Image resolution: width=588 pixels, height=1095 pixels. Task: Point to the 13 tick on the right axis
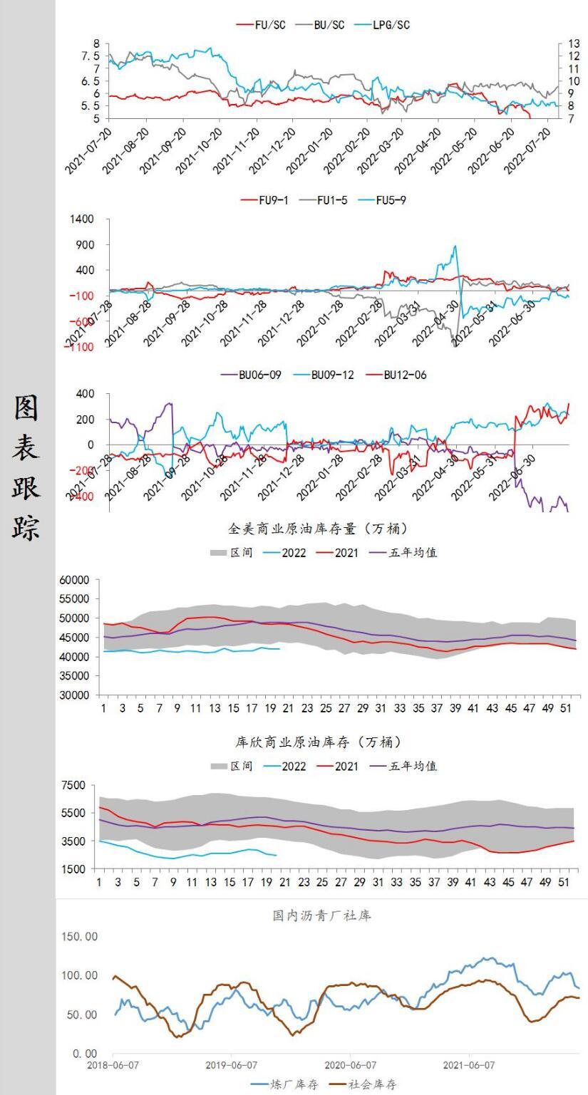pyautogui.click(x=574, y=44)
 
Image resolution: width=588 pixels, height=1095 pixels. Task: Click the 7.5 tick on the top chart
pyautogui.click(x=91, y=56)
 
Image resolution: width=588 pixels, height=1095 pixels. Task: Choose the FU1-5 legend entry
pyautogui.click(x=327, y=200)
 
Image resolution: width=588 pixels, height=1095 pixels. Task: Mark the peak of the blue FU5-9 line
pyautogui.click(x=455, y=247)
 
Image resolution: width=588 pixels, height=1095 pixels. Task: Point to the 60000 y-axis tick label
pyautogui.click(x=75, y=581)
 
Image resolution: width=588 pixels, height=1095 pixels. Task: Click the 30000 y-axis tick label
pyautogui.click(x=75, y=695)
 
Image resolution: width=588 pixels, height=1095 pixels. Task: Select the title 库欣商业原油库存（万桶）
pyautogui.click(x=321, y=743)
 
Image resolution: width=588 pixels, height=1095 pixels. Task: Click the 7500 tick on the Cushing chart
pyautogui.click(x=74, y=786)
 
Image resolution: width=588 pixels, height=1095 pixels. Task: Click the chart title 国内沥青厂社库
pyautogui.click(x=322, y=916)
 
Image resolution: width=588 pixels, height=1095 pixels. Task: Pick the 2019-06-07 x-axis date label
pyautogui.click(x=231, y=1066)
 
